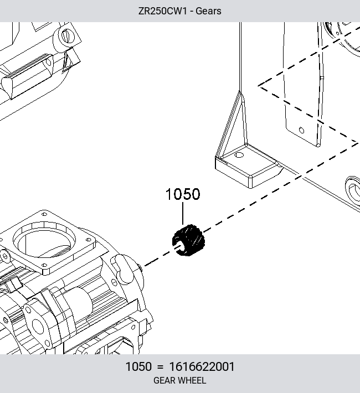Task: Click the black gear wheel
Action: [x=188, y=240]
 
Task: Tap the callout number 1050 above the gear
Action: [x=183, y=194]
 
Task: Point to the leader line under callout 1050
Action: [x=183, y=213]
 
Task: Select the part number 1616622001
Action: [x=202, y=366]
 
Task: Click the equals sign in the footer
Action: [x=160, y=367]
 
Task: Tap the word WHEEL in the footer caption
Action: [x=193, y=380]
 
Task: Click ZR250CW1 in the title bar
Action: [x=163, y=11]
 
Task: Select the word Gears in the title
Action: [x=208, y=11]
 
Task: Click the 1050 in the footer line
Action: [x=138, y=366]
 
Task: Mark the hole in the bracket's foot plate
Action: [x=239, y=155]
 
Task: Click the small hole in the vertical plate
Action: [x=301, y=130]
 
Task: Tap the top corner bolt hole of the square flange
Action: [x=44, y=214]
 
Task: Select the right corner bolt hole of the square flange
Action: [x=88, y=240]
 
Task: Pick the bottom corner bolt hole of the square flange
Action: [x=44, y=265]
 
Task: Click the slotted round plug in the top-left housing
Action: [x=67, y=36]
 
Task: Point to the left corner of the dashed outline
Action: [x=259, y=86]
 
